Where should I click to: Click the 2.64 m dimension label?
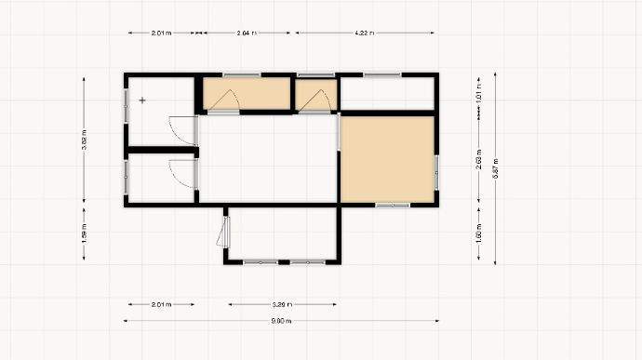click(247, 33)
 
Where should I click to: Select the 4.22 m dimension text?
click(365, 33)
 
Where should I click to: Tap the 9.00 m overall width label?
click(281, 321)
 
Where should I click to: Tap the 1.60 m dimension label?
click(478, 233)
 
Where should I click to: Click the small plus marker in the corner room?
click(142, 99)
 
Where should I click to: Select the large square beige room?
click(386, 158)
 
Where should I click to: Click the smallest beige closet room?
click(315, 95)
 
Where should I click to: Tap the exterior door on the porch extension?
click(223, 228)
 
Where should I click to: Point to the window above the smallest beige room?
click(315, 74)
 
